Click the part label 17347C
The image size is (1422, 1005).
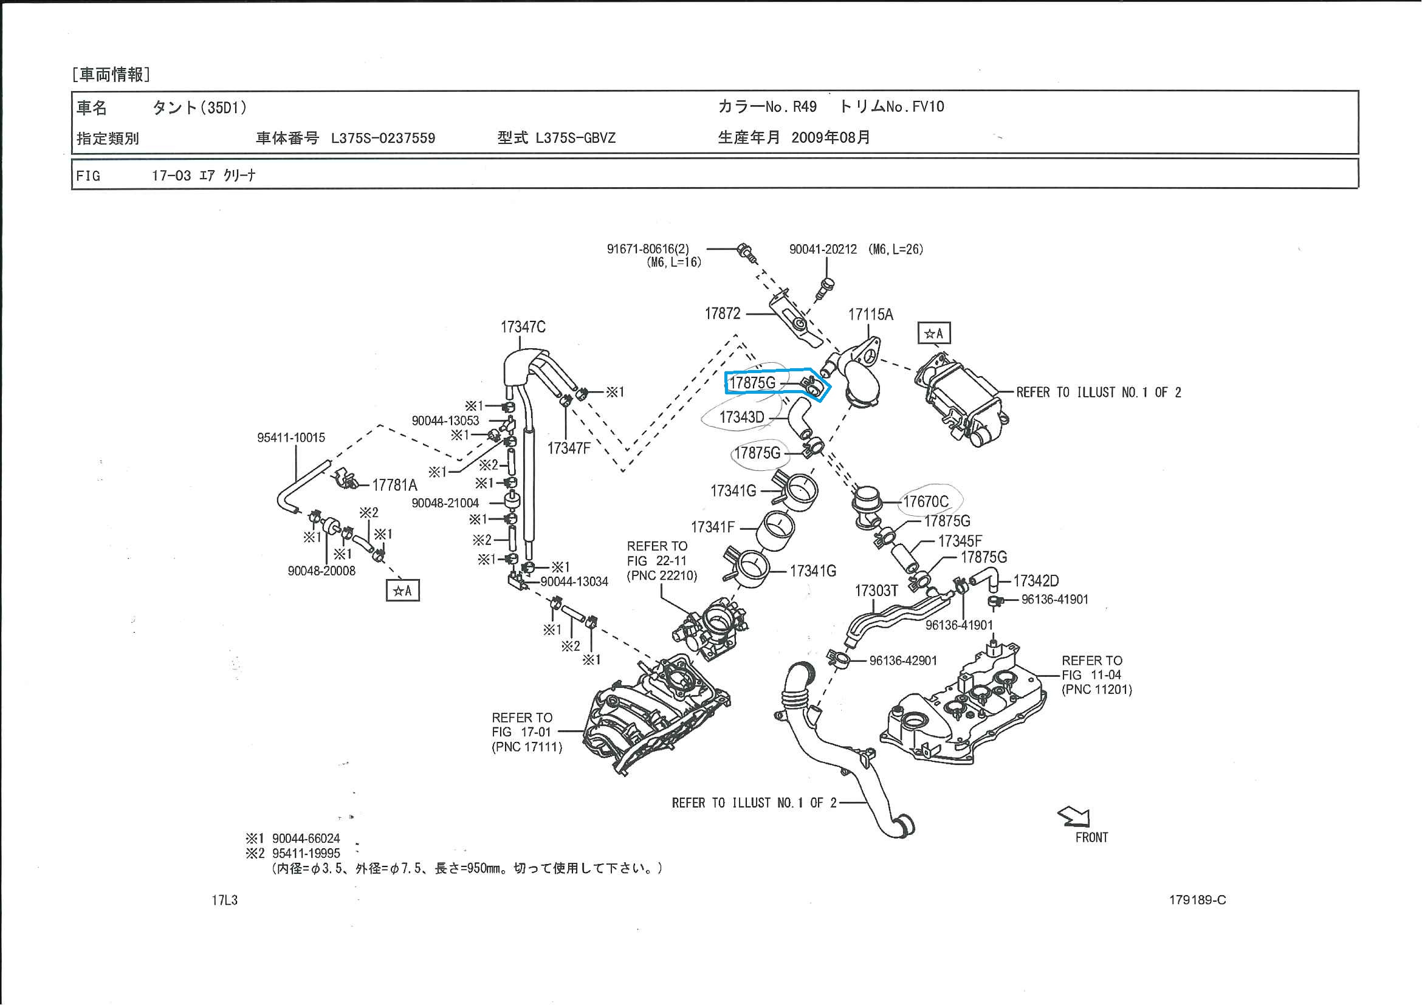click(523, 327)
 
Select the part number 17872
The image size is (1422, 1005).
click(722, 314)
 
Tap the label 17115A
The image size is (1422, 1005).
click(870, 315)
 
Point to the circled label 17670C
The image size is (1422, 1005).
click(926, 501)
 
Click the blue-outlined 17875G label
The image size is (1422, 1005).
click(752, 383)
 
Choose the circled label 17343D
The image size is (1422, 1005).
click(741, 417)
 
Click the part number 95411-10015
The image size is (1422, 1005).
click(291, 438)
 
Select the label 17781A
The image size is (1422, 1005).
click(394, 485)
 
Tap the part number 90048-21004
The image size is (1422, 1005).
click(445, 504)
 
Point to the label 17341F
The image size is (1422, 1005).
click(712, 527)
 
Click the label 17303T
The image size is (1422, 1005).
click(876, 591)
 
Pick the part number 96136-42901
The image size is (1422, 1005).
click(903, 660)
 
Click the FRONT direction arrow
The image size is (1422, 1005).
click(1074, 817)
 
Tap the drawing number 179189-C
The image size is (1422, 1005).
click(1197, 900)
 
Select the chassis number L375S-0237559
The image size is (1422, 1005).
click(383, 138)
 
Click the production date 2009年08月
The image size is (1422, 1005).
click(831, 137)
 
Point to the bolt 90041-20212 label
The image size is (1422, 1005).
click(822, 250)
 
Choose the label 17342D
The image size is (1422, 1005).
click(1036, 581)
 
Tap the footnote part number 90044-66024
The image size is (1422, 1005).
click(306, 839)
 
